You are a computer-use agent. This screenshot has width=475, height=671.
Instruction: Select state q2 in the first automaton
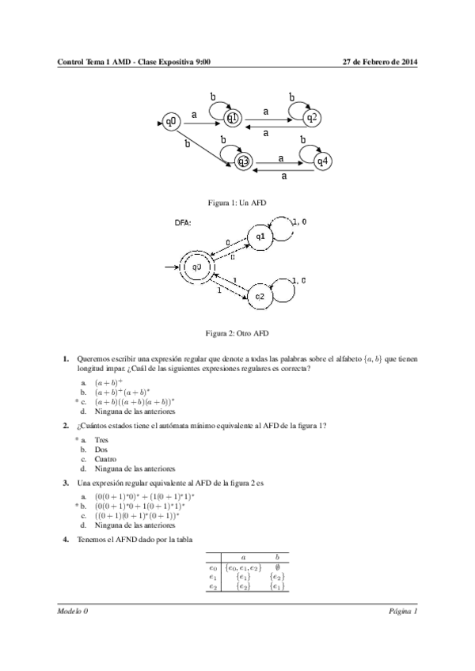[313, 118]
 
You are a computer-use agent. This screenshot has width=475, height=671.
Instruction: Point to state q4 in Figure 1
[322, 161]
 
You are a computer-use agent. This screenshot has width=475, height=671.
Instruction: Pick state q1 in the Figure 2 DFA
[260, 237]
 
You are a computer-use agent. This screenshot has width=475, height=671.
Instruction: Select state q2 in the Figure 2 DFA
[260, 296]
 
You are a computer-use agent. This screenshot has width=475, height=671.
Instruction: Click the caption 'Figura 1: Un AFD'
[237, 203]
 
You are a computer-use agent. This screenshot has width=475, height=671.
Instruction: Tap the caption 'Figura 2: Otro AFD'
[237, 333]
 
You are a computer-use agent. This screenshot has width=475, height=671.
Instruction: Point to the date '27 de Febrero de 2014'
[379, 61]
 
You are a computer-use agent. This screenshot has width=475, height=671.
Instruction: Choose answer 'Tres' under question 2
[101, 439]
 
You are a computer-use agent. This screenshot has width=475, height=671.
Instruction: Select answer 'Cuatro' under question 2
[106, 459]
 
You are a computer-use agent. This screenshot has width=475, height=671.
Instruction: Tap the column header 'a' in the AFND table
[242, 557]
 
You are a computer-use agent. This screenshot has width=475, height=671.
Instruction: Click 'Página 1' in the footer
[402, 612]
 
